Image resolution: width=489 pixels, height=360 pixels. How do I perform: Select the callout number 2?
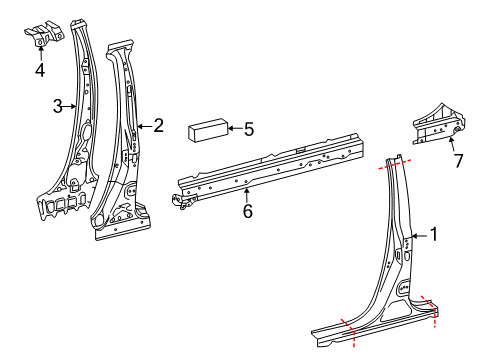tap(158, 125)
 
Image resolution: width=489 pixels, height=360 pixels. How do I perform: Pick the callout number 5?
tap(249, 128)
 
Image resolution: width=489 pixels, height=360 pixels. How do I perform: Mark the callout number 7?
tap(458, 161)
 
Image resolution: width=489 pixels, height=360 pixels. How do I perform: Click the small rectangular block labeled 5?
tap(206, 130)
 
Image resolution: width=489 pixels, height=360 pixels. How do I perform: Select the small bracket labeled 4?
tap(44, 35)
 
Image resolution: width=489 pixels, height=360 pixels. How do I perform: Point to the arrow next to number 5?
tap(236, 128)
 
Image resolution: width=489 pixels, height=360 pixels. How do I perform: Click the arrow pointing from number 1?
tap(420, 237)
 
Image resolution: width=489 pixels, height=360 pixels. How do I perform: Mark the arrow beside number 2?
tap(144, 126)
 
